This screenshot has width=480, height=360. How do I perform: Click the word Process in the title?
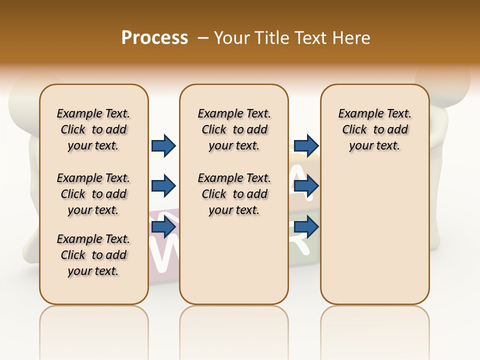(x=154, y=38)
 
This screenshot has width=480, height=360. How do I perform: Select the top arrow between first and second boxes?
(x=163, y=146)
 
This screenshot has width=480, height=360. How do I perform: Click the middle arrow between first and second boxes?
(x=163, y=186)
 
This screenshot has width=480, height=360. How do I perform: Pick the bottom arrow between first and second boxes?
(x=163, y=227)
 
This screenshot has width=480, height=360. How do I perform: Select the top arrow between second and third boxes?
(x=306, y=146)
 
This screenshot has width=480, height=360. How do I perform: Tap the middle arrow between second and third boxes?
(x=306, y=186)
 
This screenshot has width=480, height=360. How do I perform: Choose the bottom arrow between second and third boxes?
(x=306, y=227)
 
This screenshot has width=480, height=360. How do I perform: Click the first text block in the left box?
(x=93, y=129)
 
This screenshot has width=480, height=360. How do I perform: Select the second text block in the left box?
(x=93, y=194)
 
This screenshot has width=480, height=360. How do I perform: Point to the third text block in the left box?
(x=93, y=255)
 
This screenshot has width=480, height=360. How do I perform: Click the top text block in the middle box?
(x=234, y=129)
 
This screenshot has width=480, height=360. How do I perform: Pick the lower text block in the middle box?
(x=234, y=194)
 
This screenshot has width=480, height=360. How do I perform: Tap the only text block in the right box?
(x=374, y=129)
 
